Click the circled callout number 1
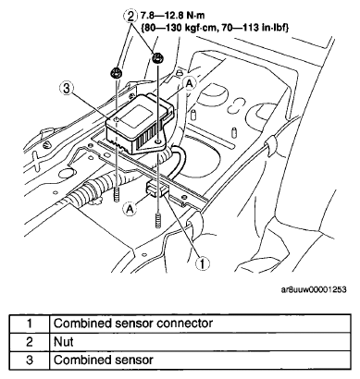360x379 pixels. (x=202, y=263)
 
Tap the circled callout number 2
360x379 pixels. (x=130, y=16)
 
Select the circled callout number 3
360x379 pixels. (x=66, y=89)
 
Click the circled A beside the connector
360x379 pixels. (x=130, y=209)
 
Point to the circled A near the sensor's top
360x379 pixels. (x=191, y=83)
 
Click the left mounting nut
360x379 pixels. (x=117, y=73)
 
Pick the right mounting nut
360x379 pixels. (x=158, y=57)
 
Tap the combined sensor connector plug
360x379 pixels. (x=157, y=189)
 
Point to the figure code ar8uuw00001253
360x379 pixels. (x=314, y=290)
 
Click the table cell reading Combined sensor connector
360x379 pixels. (x=133, y=324)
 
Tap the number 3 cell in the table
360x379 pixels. (x=30, y=360)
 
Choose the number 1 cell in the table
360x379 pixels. (x=30, y=324)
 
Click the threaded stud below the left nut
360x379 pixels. (x=117, y=195)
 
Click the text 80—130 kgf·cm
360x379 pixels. (x=182, y=28)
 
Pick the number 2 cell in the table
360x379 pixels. (x=30, y=342)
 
